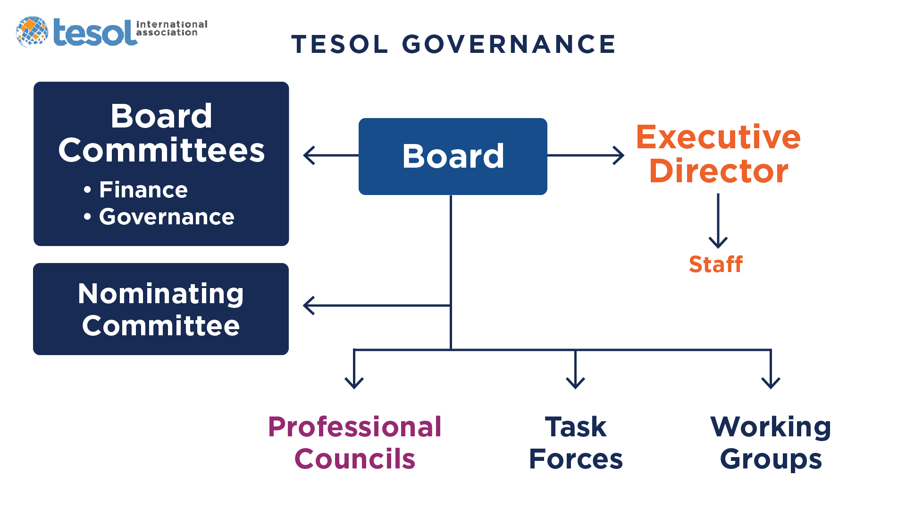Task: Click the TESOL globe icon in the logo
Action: tap(32, 32)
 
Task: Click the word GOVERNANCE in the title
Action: tap(509, 44)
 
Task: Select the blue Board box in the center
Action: tap(453, 156)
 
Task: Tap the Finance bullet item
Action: tap(136, 190)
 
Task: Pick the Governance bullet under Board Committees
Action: tap(159, 217)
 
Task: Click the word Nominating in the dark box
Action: tap(161, 294)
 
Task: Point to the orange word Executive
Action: tap(718, 137)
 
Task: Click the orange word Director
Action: tap(719, 170)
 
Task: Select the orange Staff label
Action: tap(716, 264)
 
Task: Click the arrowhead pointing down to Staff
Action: tap(718, 243)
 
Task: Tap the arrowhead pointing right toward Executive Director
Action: tap(619, 155)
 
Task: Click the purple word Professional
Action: tap(355, 427)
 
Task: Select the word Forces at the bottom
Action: tap(576, 459)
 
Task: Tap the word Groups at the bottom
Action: tap(771, 460)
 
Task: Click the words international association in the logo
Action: tap(172, 28)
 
